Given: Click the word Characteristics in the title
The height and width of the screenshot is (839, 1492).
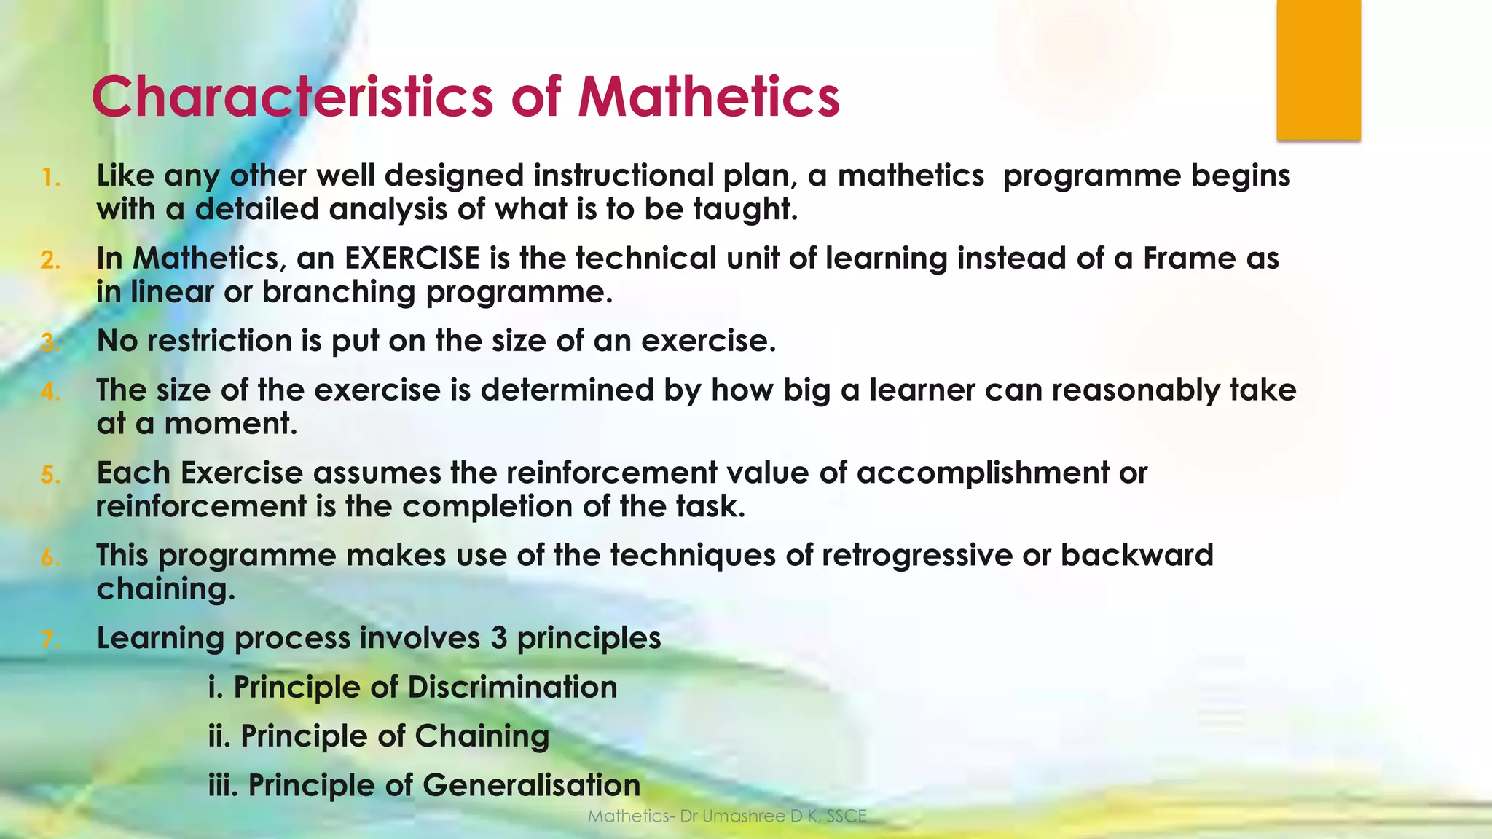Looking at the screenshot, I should (292, 97).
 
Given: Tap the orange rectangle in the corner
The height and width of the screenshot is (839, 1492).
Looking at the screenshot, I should (1319, 70).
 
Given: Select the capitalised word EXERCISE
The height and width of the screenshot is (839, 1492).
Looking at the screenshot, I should (412, 259).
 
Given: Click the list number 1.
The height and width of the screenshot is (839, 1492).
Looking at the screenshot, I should (50, 178).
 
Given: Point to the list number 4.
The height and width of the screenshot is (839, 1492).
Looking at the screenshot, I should (50, 392).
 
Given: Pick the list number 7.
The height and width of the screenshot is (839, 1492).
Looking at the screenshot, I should (50, 639).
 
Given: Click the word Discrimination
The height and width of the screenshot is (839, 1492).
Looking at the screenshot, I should (512, 687).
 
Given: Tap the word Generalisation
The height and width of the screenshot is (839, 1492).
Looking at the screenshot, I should (531, 785).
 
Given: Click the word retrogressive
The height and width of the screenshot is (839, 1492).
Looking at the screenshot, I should (917, 556).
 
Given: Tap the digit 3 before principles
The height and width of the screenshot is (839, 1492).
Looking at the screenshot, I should (498, 638).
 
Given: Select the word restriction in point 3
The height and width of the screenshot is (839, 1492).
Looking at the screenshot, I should (219, 341).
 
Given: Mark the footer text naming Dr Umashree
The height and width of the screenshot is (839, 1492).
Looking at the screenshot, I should (727, 816).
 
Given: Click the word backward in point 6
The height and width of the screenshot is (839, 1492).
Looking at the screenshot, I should (1136, 556).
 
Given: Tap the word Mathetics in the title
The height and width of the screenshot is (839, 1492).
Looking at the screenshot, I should (709, 97).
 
